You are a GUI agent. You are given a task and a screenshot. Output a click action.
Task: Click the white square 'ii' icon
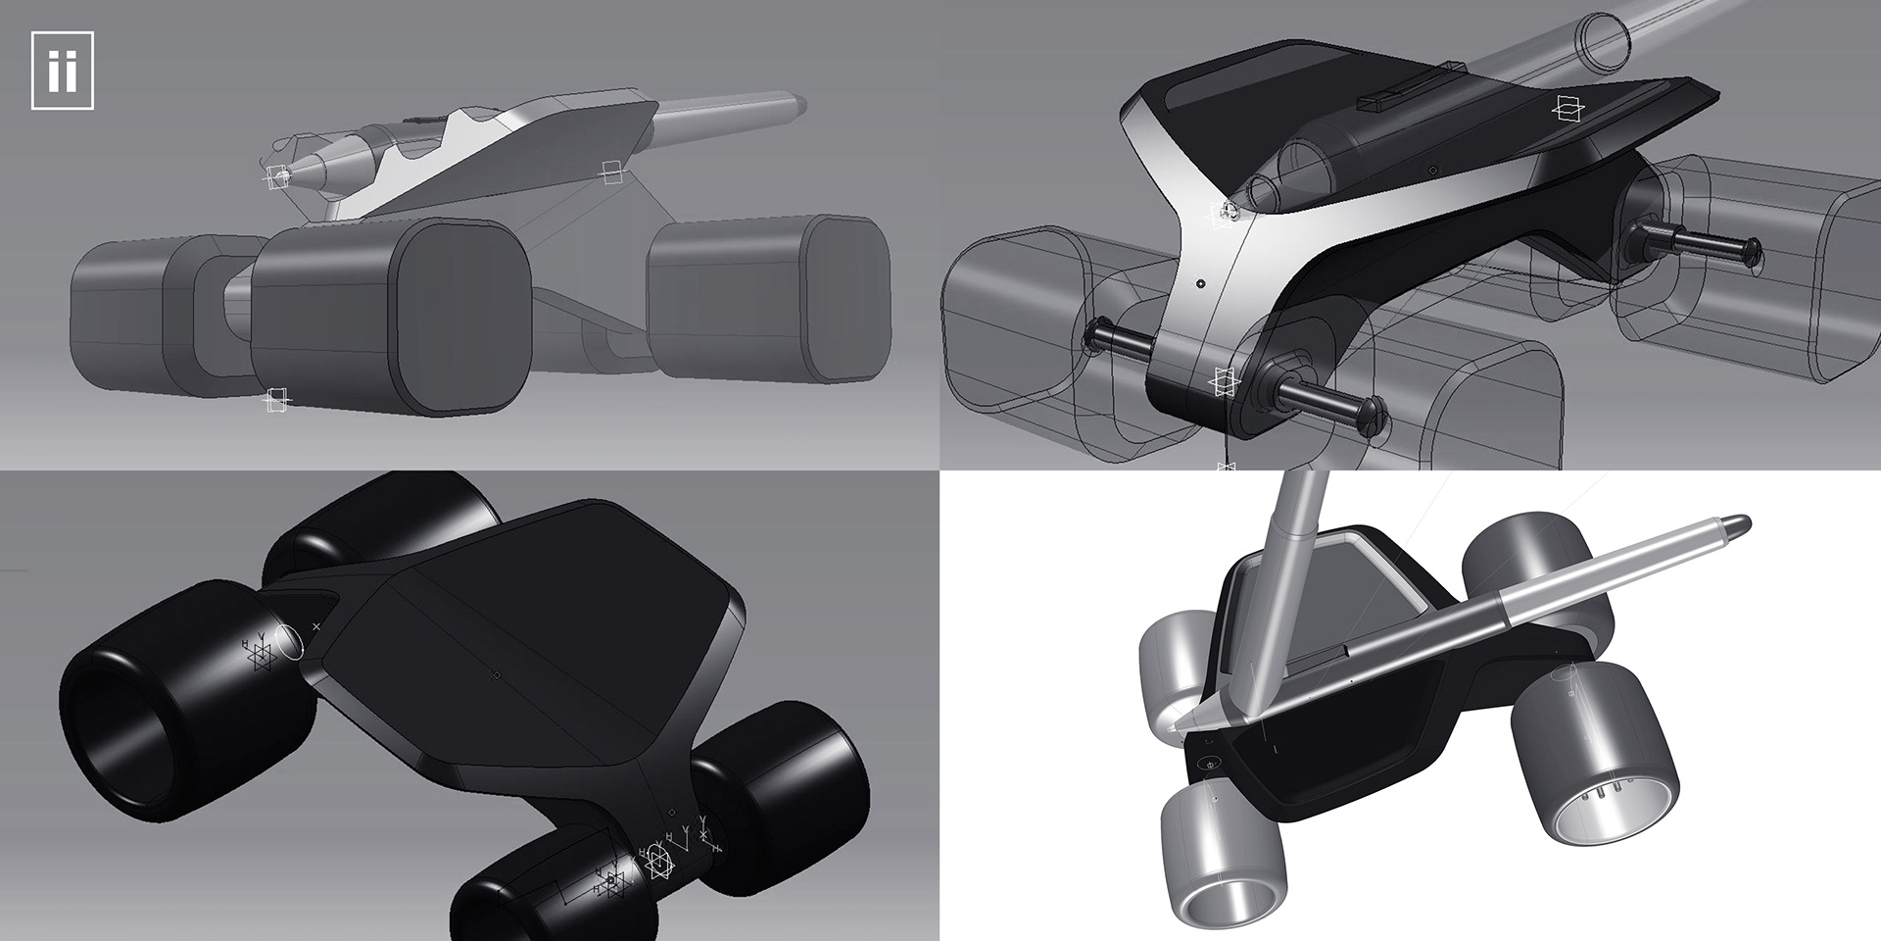click(62, 71)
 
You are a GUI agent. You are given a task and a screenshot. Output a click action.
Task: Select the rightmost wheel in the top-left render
click(769, 297)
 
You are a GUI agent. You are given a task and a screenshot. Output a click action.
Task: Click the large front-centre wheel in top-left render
click(392, 314)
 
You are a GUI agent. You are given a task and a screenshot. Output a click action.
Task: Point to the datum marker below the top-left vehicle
click(276, 399)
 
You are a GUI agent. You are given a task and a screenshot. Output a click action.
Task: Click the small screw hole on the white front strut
click(1200, 284)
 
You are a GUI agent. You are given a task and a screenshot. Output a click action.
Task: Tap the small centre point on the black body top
click(497, 674)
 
